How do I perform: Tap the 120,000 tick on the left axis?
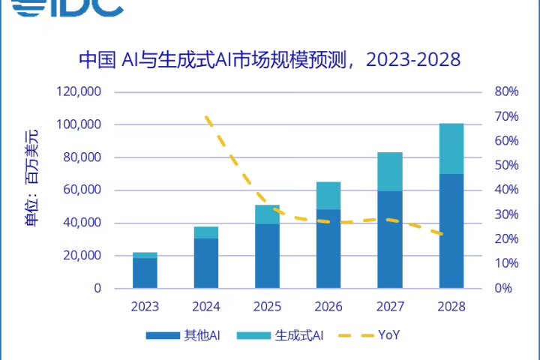point(79,92)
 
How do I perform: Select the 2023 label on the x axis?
point(145,307)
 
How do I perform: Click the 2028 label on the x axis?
point(451,307)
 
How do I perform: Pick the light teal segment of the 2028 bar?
point(451,148)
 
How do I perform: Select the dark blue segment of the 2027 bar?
point(390,239)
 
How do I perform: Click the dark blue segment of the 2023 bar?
point(145,273)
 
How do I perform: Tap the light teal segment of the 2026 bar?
point(328,196)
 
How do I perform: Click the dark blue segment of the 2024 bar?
point(206,263)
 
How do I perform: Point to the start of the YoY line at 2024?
point(206,117)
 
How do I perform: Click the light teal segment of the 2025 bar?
point(267,214)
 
